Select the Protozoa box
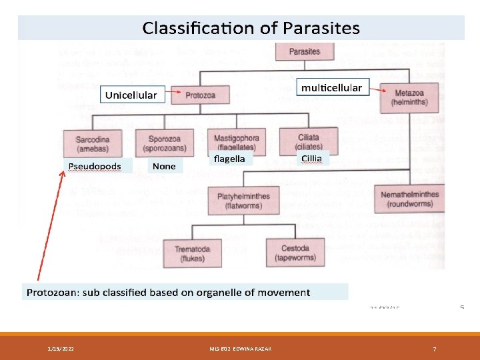point(200,95)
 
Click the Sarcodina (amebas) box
point(93,143)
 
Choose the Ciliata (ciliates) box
point(309,140)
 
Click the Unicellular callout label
point(131,95)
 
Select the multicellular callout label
point(331,87)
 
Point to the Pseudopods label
point(94,165)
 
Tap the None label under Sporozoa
point(164,165)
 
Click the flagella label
point(230,159)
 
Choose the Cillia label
point(311,158)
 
